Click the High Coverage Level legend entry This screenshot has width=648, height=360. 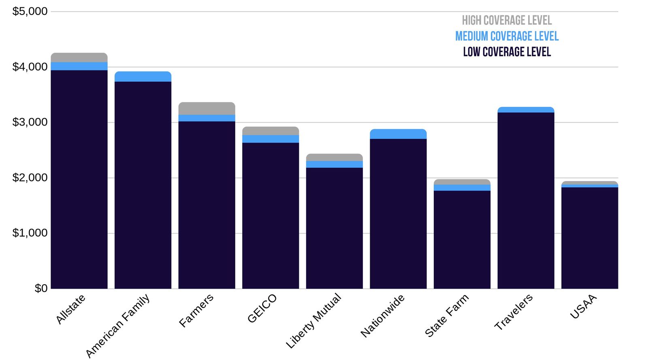point(507,20)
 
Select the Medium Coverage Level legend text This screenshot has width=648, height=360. point(507,36)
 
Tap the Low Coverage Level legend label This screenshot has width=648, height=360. point(507,52)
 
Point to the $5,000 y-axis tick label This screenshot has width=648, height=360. point(30,11)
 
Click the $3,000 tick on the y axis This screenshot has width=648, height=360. point(30,122)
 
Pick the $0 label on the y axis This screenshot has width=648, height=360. point(41,288)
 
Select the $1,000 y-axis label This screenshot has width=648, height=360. point(30,233)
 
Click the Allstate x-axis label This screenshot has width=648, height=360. point(70,309)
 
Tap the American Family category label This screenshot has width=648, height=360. point(117,326)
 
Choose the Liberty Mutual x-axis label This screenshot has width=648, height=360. point(313,321)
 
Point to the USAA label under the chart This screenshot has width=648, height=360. point(583,307)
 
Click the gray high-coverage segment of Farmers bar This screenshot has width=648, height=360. point(207,109)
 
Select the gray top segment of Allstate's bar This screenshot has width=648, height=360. point(79,57)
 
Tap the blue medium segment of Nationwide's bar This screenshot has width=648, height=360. point(398,134)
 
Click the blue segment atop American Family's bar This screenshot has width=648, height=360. point(143,77)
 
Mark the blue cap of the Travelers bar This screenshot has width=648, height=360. point(526,110)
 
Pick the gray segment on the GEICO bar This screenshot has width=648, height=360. point(271,131)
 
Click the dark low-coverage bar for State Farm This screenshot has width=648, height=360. point(462,239)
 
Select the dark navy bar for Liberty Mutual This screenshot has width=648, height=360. point(334,227)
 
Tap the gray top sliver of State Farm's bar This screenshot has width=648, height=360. point(462,182)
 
